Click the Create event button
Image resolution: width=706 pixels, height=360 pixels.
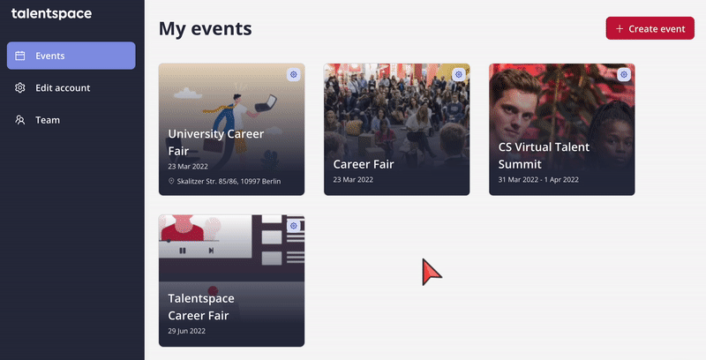(650, 28)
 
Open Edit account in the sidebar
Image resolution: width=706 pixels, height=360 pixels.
(63, 87)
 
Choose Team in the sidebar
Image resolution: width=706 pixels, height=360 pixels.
(48, 120)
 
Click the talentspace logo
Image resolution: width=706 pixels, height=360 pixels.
(51, 14)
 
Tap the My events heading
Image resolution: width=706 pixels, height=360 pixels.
(206, 29)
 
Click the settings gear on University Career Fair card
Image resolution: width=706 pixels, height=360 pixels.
(294, 74)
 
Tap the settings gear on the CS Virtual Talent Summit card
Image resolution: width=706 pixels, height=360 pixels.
(624, 74)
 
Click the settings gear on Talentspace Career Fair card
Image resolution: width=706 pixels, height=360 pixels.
(294, 226)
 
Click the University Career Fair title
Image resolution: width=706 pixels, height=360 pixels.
(215, 142)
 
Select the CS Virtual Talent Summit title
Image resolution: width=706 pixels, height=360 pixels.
(544, 155)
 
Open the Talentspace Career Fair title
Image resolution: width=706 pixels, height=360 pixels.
(201, 306)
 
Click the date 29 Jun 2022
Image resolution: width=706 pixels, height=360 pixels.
(186, 331)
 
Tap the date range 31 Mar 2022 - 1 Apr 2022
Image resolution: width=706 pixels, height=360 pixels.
(538, 179)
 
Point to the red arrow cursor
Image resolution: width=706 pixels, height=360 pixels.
(431, 272)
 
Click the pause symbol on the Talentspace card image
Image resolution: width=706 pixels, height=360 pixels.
(183, 251)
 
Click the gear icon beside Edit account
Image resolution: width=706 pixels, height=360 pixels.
(19, 87)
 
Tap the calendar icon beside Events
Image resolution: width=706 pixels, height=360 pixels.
(19, 56)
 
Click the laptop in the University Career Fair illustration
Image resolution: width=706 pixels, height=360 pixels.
(266, 103)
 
